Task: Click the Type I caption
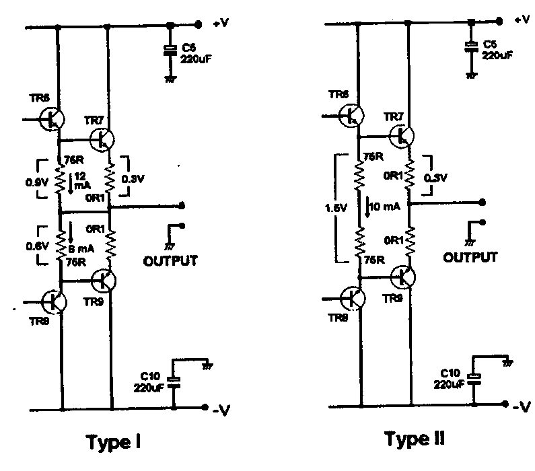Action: (x=116, y=442)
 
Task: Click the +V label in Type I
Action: (x=222, y=24)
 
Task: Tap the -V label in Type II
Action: (x=522, y=406)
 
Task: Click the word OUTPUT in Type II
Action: (x=470, y=256)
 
